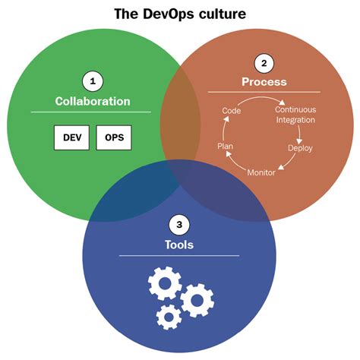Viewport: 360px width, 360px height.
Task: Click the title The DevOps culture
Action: pyautogui.click(x=180, y=13)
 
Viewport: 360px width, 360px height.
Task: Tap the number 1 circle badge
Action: pyautogui.click(x=92, y=81)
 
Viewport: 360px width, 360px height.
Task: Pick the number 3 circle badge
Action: pyautogui.click(x=178, y=225)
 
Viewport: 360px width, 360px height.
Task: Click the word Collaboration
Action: pyautogui.click(x=92, y=101)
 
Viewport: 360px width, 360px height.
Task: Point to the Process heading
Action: pyautogui.click(x=264, y=81)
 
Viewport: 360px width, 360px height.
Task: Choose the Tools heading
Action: pyautogui.click(x=178, y=245)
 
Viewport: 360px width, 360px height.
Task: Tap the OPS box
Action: pyautogui.click(x=114, y=137)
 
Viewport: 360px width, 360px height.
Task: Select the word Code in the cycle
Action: pyautogui.click(x=232, y=111)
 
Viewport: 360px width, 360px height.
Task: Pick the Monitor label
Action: pyautogui.click(x=261, y=172)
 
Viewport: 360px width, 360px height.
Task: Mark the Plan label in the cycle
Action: pyautogui.click(x=226, y=144)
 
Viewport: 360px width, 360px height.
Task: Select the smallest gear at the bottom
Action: pyautogui.click(x=168, y=315)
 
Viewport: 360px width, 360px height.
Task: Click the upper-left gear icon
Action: pyautogui.click(x=164, y=285)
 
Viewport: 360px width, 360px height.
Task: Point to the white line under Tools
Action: pyautogui.click(x=178, y=255)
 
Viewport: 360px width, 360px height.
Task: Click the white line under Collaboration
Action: pyautogui.click(x=91, y=112)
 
